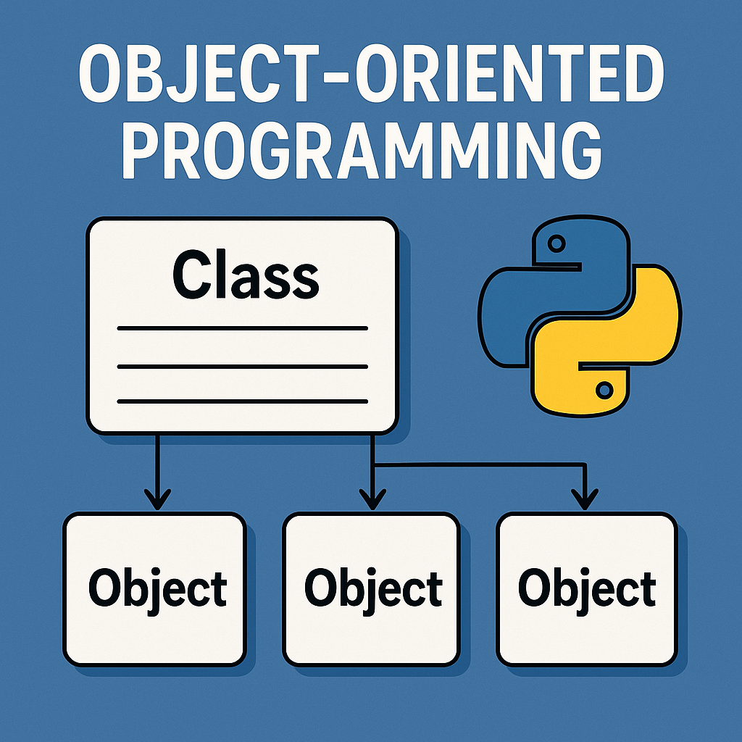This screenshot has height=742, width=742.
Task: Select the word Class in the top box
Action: point(246,276)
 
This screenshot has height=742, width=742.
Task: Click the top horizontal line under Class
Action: point(243,328)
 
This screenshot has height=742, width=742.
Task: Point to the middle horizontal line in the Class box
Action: point(243,365)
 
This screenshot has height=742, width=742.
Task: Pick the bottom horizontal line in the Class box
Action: point(243,401)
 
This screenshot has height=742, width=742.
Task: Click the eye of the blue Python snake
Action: point(556,244)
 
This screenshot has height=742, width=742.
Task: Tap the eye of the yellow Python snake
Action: point(603,391)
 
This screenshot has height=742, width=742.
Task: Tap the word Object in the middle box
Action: point(372,589)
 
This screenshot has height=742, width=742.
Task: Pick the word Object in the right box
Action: point(587,589)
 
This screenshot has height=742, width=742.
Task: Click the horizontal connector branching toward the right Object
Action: point(478,466)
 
